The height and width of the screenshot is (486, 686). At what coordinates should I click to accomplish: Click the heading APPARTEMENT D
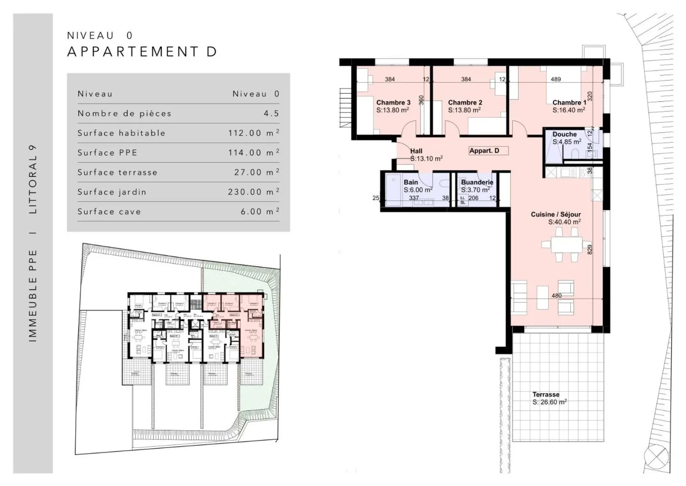tap(142, 52)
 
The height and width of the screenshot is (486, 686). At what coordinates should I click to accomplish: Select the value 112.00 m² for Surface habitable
tap(253, 133)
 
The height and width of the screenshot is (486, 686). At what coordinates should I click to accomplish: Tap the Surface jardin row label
tap(112, 192)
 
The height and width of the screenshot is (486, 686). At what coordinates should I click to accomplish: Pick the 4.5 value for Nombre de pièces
tap(272, 114)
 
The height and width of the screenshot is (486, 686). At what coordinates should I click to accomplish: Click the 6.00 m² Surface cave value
tap(260, 212)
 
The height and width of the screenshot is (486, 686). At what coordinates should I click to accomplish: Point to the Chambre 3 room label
tap(393, 103)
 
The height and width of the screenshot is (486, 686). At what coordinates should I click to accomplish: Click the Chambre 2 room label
tap(465, 103)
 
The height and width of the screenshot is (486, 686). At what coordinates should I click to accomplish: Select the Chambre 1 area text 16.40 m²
tap(569, 110)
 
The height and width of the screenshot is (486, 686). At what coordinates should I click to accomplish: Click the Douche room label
tap(565, 134)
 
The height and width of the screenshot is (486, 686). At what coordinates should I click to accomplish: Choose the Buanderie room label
tap(477, 182)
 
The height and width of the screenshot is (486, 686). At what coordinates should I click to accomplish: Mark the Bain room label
tap(411, 182)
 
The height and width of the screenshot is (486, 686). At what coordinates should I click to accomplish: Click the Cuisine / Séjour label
tap(556, 215)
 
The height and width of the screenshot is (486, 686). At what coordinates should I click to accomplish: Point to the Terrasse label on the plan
tap(546, 394)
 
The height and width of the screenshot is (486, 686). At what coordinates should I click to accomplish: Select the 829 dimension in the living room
tap(590, 249)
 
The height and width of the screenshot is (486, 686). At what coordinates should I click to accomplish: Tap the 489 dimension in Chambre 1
tap(555, 79)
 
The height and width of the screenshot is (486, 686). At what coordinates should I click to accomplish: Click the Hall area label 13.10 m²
tap(426, 159)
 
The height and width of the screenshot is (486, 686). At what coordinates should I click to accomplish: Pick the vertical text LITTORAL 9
tap(33, 179)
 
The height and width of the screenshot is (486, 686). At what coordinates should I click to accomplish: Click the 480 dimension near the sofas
tap(556, 296)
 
